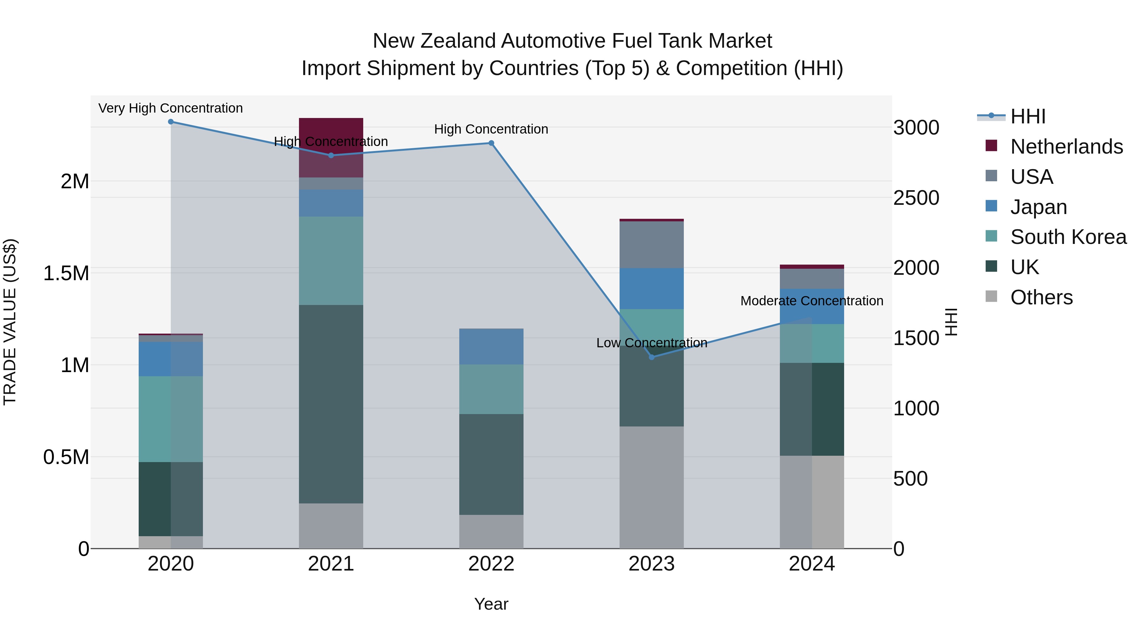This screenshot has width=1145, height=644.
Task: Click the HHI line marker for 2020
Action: [x=171, y=122]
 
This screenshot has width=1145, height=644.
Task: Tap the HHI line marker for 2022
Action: [x=491, y=143]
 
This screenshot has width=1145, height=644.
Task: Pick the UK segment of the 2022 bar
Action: [x=491, y=464]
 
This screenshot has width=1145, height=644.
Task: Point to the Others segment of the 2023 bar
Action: [x=652, y=488]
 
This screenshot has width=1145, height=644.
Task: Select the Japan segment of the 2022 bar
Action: [x=491, y=347]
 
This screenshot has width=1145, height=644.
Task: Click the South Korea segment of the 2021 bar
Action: [x=331, y=261]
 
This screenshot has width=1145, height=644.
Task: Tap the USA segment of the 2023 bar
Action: [x=652, y=245]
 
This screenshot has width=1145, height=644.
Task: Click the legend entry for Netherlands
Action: [x=1066, y=147]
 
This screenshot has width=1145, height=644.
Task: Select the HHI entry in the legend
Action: [x=1028, y=116]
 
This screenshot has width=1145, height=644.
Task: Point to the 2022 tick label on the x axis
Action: [x=491, y=564]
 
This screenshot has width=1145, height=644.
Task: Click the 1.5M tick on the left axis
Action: [x=66, y=273]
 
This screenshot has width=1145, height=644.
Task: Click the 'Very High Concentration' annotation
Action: [x=171, y=108]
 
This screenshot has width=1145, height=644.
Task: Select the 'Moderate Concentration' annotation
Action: [x=812, y=301]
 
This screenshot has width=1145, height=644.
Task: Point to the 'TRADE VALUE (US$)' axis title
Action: [x=10, y=322]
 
